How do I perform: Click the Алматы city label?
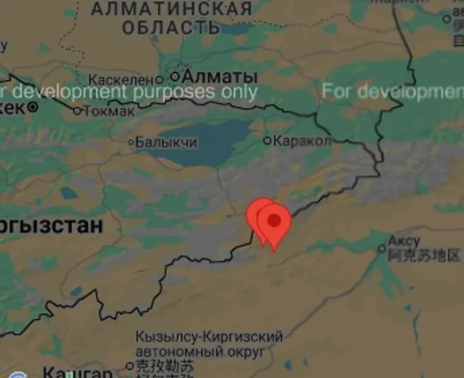tap(219, 76)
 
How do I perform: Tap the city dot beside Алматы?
tap(175, 76)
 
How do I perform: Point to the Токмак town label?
tap(109, 110)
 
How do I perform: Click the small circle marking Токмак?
tap(77, 110)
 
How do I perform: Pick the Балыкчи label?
tap(166, 142)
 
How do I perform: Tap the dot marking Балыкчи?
tap(132, 142)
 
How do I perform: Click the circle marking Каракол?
tap(267, 141)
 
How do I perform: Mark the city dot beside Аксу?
tap(382, 249)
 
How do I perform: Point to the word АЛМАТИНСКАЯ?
tap(172, 9)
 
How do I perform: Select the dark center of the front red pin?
tap(274, 219)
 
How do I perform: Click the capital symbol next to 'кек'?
tap(34, 107)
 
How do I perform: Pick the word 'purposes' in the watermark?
tap(171, 92)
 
